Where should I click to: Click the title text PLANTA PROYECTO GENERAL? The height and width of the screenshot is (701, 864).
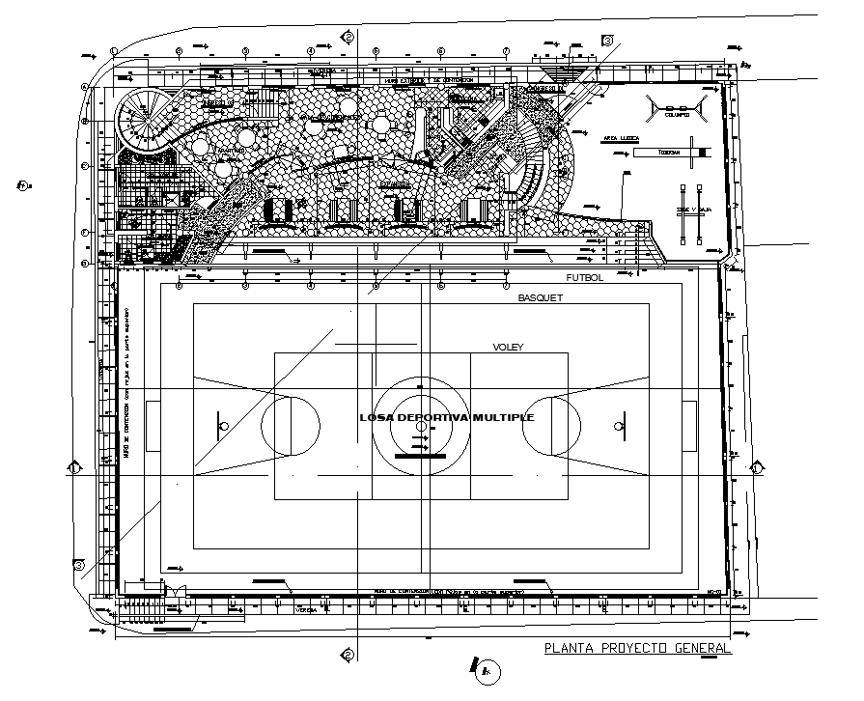coord(637,648)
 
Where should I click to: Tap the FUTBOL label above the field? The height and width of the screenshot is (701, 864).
coord(584,277)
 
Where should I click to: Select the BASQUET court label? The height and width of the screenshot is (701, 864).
coord(540,298)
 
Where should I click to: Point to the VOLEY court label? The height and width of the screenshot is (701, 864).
coord(507,347)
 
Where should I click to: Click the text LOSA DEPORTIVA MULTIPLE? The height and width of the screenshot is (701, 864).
coord(446,417)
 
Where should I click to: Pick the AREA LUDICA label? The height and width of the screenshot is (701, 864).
coord(625,139)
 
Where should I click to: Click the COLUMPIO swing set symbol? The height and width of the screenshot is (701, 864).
coord(676,108)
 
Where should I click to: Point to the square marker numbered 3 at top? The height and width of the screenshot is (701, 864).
coord(607,41)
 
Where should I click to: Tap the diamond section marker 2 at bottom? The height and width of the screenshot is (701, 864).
coord(347,655)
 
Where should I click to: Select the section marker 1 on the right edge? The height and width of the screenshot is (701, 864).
coord(758,468)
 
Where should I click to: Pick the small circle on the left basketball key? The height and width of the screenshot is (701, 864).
coord(224,425)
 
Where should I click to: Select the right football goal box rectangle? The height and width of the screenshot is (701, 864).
coord(690,425)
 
